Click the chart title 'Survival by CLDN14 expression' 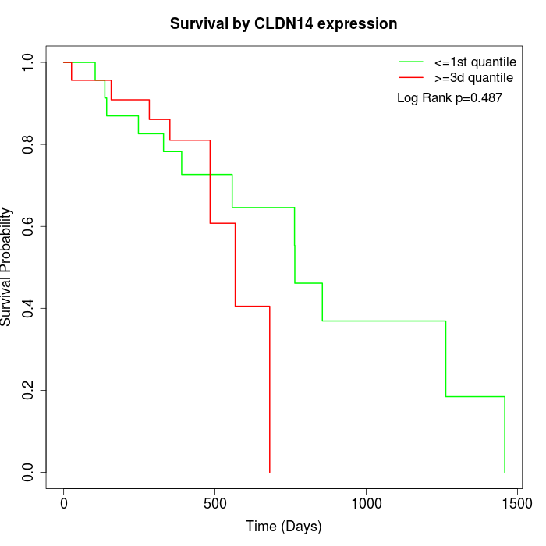coord(284,24)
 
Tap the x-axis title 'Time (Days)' coord(284,526)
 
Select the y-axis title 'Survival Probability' coord(7,267)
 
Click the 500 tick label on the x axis coord(214,504)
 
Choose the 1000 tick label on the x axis coord(365,504)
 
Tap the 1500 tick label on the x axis coord(516,504)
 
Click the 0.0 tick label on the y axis coord(28,472)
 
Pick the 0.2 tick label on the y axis coord(28,390)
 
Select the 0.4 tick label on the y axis coord(28,308)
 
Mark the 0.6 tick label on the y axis coord(28,226)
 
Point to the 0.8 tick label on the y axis coord(28,144)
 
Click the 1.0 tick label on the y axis coord(28,62)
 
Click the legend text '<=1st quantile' coord(474,62)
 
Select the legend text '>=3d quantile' coord(473,78)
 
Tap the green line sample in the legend coord(411,62)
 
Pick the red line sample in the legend coord(411,78)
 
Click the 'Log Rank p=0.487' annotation coord(449,98)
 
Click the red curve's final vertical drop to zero coord(270,390)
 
